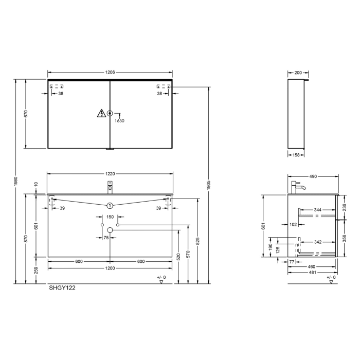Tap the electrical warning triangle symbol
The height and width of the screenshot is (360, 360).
click(x=101, y=114)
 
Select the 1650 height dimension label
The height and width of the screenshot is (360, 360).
click(x=120, y=120)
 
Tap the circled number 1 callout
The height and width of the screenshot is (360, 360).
click(x=110, y=206)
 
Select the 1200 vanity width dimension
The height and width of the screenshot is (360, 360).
click(x=110, y=269)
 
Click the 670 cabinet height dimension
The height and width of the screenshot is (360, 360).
click(x=26, y=114)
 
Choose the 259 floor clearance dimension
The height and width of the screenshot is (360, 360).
click(x=36, y=271)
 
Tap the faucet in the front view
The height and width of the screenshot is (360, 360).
click(x=110, y=187)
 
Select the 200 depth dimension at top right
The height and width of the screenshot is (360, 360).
click(x=298, y=73)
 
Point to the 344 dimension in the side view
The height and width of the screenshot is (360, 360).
click(x=317, y=210)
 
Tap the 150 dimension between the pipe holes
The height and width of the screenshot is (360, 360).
click(x=110, y=217)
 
